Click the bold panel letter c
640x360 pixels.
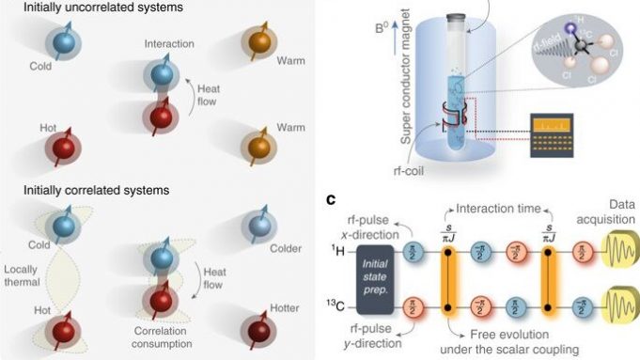331,199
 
